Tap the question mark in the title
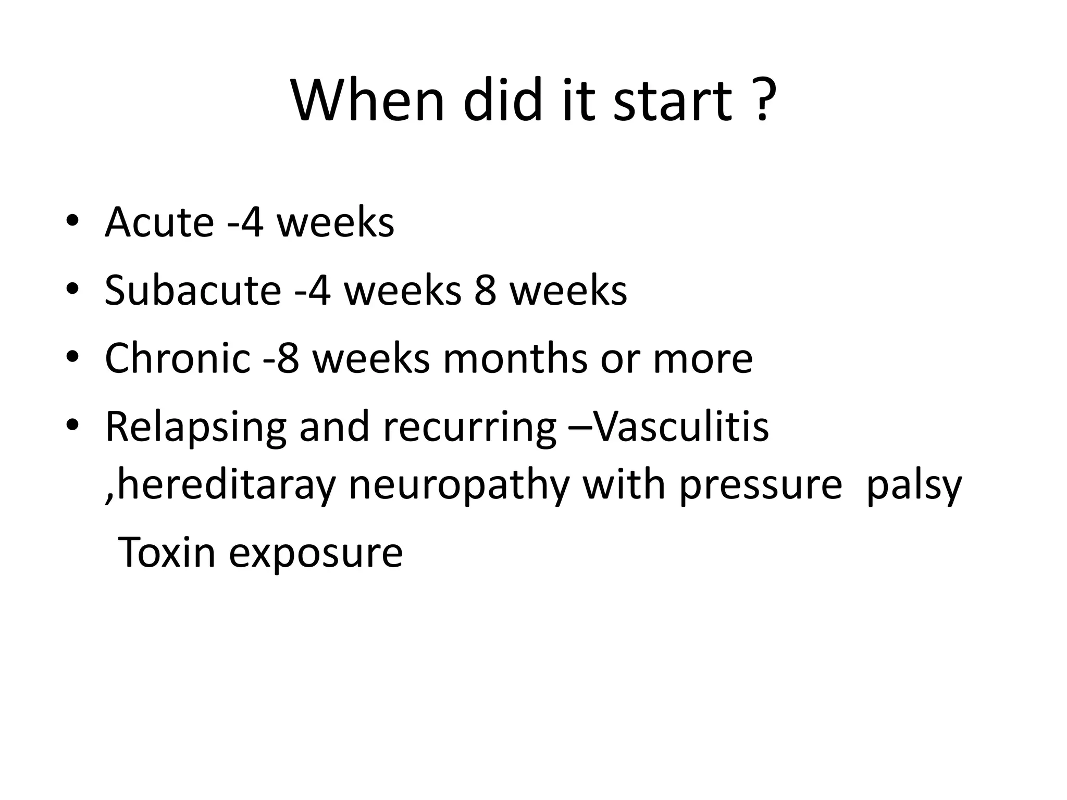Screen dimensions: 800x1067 [762, 99]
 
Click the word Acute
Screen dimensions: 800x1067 [159, 222]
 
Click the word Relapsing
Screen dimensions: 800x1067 [196, 427]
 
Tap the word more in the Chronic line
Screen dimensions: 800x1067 [703, 359]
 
